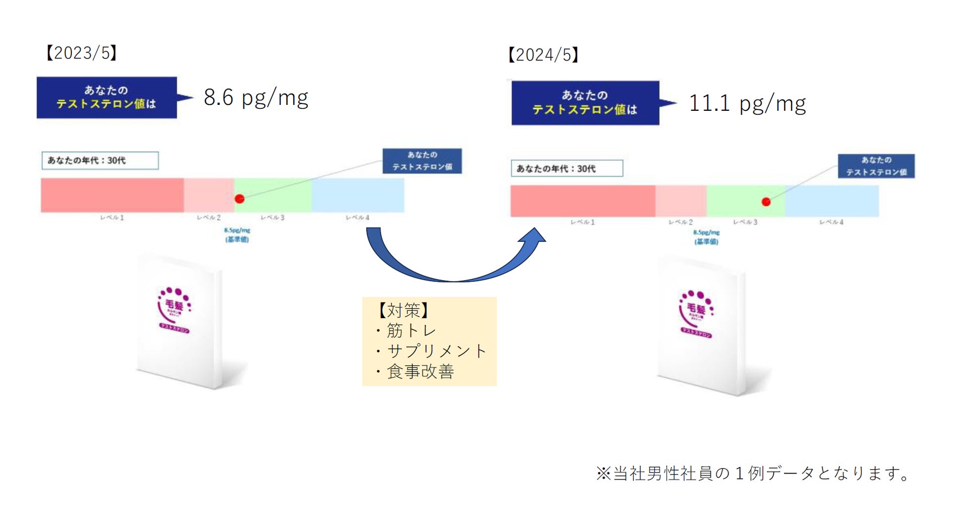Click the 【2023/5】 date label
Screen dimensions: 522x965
(82, 52)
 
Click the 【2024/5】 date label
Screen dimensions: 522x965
(543, 54)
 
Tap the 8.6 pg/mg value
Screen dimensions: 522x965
(256, 97)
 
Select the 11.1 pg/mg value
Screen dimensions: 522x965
(747, 103)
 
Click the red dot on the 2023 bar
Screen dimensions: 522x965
(240, 199)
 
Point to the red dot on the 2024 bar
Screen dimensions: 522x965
(766, 202)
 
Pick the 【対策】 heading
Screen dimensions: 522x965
(403, 310)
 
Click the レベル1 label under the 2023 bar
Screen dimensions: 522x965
(112, 218)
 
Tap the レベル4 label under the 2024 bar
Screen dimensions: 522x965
(831, 222)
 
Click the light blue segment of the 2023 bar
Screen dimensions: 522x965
(357, 195)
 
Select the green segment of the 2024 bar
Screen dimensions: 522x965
(745, 201)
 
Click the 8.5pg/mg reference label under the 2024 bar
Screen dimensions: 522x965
(706, 237)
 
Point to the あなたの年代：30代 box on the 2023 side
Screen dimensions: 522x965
(100, 160)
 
